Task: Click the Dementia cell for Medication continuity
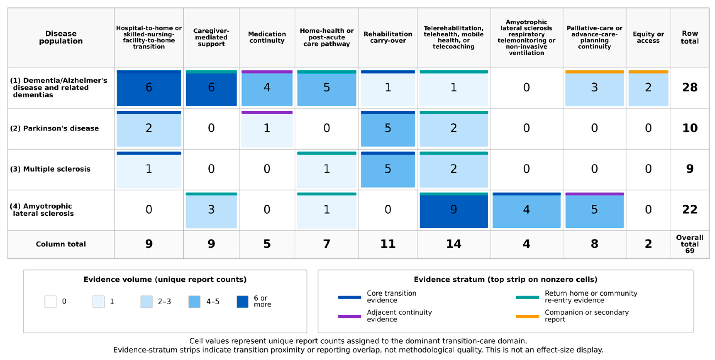click(x=267, y=88)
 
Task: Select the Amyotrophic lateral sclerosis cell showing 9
click(x=454, y=210)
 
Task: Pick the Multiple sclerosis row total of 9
click(x=690, y=169)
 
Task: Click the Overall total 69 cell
click(x=690, y=244)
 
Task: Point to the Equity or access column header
click(x=648, y=38)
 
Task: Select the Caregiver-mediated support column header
click(x=211, y=38)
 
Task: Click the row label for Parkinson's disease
click(x=54, y=128)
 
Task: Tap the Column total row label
click(x=61, y=244)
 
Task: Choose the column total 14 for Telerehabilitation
click(x=454, y=244)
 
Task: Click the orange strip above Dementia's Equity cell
click(x=648, y=72)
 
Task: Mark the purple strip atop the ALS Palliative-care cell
click(x=594, y=194)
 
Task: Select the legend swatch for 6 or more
click(x=242, y=302)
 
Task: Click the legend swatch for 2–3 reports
click(x=146, y=302)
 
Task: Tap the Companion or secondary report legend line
click(x=527, y=316)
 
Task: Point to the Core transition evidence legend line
click(x=349, y=297)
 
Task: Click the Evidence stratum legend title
click(x=505, y=279)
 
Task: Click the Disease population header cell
click(x=61, y=38)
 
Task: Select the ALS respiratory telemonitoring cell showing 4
click(x=526, y=210)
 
